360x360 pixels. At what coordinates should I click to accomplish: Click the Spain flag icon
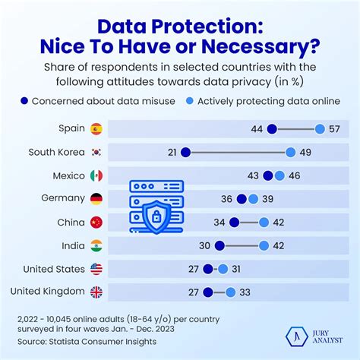click(96, 128)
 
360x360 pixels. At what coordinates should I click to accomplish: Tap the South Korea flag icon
click(96, 152)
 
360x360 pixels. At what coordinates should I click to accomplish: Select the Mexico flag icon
click(96, 175)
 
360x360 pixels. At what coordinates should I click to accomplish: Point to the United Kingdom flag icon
click(96, 292)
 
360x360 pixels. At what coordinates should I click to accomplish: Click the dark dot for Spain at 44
click(272, 128)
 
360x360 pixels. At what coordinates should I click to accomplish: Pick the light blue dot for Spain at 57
click(320, 128)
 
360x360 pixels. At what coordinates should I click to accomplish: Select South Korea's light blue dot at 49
click(290, 152)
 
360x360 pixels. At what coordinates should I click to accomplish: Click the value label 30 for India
click(204, 245)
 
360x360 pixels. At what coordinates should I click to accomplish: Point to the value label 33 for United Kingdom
click(245, 292)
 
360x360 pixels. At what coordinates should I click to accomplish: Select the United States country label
click(53, 268)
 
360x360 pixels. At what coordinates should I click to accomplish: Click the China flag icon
click(96, 223)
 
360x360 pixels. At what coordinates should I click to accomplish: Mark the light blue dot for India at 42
click(264, 245)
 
